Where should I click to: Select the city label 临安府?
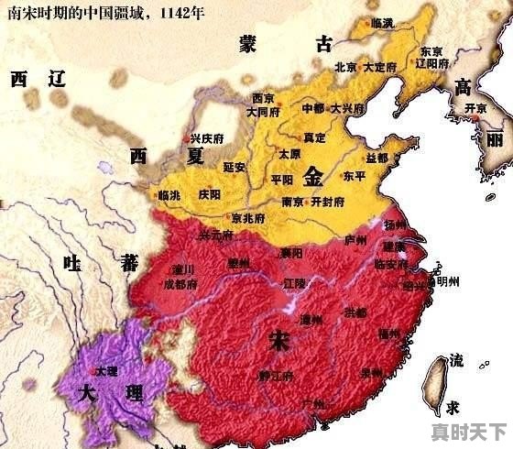pyautogui.click(x=393, y=263)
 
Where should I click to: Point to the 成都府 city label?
pyautogui.click(x=180, y=285)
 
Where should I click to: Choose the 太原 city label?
pyautogui.click(x=289, y=154)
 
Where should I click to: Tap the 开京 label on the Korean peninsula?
pyautogui.click(x=475, y=108)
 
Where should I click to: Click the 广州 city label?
pyautogui.click(x=312, y=403)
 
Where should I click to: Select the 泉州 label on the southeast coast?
pyautogui.click(x=372, y=373)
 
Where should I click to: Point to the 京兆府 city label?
pyautogui.click(x=248, y=218)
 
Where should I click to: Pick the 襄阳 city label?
pyautogui.click(x=292, y=252)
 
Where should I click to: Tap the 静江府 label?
pyautogui.click(x=275, y=376)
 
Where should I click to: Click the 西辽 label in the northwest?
pyautogui.click(x=39, y=80)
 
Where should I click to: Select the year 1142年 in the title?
pyautogui.click(x=180, y=14)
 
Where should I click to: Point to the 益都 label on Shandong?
pyautogui.click(x=376, y=158)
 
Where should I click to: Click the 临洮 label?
pyautogui.click(x=169, y=195)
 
